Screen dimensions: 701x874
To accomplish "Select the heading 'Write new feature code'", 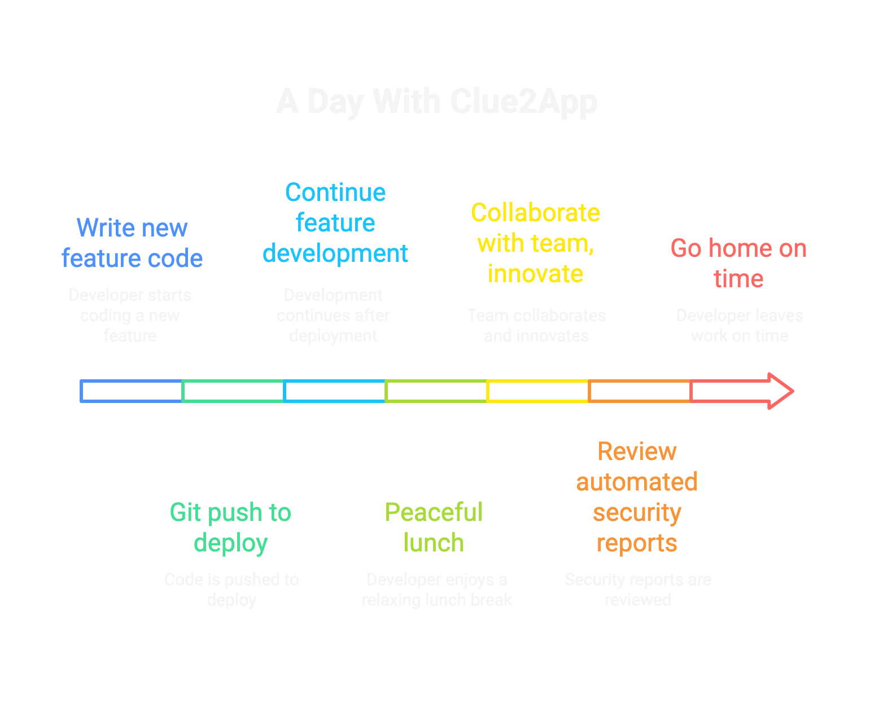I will click(132, 243).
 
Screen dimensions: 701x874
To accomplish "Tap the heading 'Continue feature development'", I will click(335, 223).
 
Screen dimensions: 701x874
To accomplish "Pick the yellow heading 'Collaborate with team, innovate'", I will click(535, 243).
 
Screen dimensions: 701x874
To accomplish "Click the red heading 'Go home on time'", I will click(738, 264).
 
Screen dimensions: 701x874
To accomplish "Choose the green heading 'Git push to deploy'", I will click(230, 528).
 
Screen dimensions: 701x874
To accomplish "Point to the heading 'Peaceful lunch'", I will click(434, 528).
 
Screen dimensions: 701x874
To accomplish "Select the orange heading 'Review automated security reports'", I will click(637, 497).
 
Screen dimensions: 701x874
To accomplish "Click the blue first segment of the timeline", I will click(132, 391).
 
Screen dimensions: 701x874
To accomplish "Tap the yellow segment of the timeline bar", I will click(538, 391).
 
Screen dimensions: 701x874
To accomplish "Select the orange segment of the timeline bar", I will click(640, 391).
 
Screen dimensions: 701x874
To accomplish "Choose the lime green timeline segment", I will click(436, 391).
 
